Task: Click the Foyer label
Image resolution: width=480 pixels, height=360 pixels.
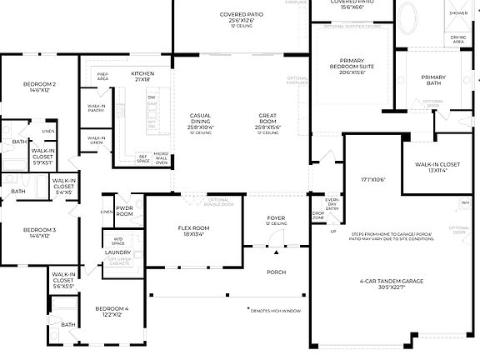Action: coord(276,221)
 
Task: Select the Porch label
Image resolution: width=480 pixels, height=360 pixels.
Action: coord(276,272)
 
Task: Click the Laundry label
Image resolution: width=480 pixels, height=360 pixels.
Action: coord(117,252)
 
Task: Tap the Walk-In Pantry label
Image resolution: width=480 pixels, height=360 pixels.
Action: coord(97,108)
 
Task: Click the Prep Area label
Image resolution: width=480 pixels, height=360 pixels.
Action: coord(102,77)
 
